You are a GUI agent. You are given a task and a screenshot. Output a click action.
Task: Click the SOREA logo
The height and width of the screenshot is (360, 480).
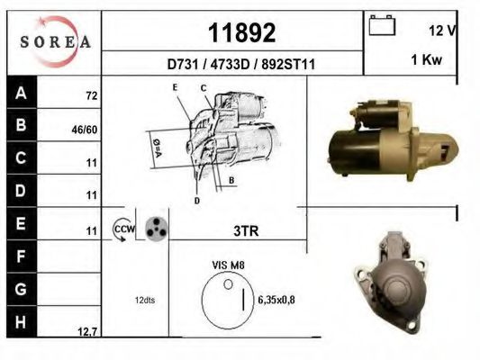click(55, 41)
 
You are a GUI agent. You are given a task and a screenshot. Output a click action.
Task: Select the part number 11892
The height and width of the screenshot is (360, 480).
click(242, 33)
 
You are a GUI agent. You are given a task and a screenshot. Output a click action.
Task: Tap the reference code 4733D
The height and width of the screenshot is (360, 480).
click(231, 65)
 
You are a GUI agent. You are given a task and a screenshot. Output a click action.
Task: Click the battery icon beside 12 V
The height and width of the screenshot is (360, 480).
click(382, 25)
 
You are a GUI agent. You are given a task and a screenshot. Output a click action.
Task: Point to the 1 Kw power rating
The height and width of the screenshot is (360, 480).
click(427, 59)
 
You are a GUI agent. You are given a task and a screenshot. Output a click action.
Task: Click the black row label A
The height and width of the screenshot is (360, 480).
click(22, 93)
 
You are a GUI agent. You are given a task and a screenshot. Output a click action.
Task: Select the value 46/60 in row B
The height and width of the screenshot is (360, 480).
click(85, 130)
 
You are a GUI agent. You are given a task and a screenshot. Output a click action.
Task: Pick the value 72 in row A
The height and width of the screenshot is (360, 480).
click(92, 96)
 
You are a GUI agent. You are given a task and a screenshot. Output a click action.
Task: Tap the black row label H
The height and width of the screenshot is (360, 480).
click(22, 322)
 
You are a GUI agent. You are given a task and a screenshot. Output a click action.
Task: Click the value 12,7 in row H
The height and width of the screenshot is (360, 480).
click(87, 331)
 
